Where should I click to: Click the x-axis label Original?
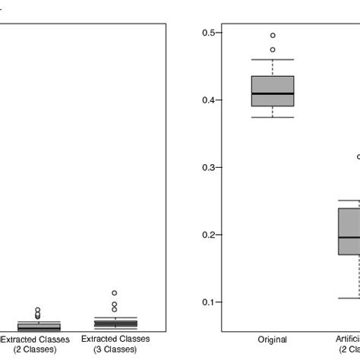(272, 339)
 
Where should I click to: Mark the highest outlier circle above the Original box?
(273, 35)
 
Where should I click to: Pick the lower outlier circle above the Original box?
(273, 50)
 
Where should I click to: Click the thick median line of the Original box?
(272, 93)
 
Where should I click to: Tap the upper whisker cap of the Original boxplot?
(272, 59)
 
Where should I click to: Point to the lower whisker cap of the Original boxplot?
(272, 118)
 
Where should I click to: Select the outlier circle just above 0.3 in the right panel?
(358, 157)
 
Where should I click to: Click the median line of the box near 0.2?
(349, 238)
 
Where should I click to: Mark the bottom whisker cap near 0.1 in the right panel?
(349, 298)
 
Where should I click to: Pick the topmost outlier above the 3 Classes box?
(115, 292)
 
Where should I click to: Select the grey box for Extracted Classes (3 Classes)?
(115, 323)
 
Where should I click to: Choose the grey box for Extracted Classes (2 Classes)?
(28, 327)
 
